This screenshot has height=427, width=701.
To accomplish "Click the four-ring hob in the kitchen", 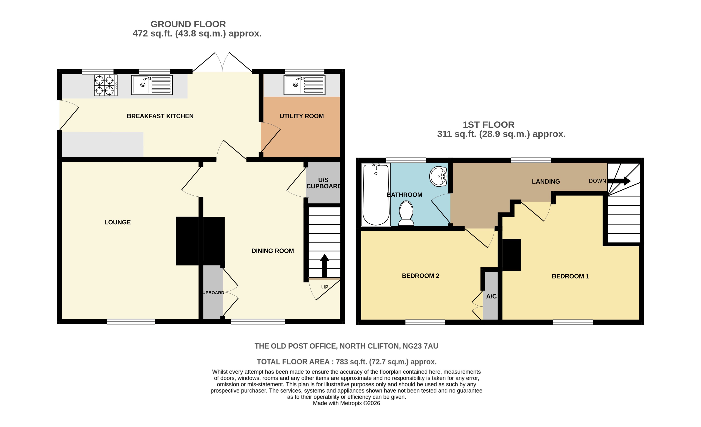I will tap(106, 85).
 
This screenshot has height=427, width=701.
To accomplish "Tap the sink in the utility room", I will tap(304, 85).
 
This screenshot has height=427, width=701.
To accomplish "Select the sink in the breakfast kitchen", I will tap(152, 85).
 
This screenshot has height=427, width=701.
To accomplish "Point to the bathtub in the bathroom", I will tap(376, 195).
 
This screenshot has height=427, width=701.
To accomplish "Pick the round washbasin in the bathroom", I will tap(438, 176).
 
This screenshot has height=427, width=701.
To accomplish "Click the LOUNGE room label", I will tap(118, 222).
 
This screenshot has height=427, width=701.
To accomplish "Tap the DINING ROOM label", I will tap(273, 251).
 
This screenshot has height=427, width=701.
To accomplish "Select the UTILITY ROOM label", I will tap(302, 116).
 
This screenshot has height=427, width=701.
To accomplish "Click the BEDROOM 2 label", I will tap(420, 276).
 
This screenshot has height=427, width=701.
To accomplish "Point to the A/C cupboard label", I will tap(491, 296).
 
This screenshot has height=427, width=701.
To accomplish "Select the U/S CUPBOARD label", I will tap(323, 183).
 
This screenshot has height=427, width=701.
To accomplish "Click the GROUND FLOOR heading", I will tap(188, 24).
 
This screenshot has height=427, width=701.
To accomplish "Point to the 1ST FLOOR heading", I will tap(488, 125).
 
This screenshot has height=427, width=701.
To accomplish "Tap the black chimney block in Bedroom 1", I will tap(512, 255).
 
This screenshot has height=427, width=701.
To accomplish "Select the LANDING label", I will tap(546, 182).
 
